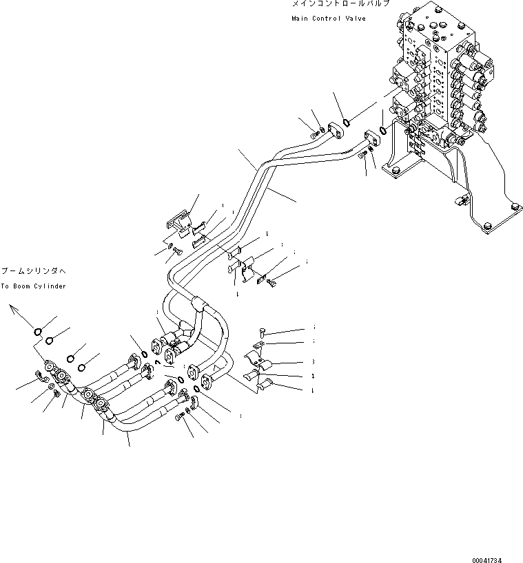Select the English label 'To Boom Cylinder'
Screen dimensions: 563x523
[x=33, y=286]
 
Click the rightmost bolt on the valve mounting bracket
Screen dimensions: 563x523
[x=514, y=203]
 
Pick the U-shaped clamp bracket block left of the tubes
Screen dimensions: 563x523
[x=178, y=220]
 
